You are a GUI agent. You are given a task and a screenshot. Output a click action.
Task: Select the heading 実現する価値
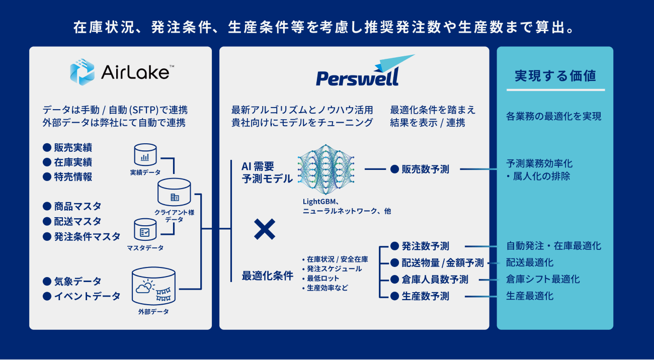click(x=555, y=76)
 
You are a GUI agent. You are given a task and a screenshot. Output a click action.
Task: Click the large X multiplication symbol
click(x=265, y=229)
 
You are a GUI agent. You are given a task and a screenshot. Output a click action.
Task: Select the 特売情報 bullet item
click(x=73, y=177)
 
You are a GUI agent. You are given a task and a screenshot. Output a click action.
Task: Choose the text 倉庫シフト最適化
click(x=543, y=279)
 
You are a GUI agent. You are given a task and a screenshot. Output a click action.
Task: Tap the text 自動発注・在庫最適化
click(x=553, y=246)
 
